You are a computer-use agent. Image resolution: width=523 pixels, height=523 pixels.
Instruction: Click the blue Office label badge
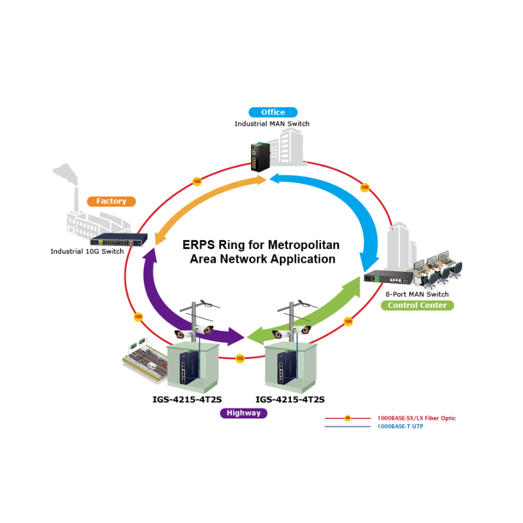coord(273,112)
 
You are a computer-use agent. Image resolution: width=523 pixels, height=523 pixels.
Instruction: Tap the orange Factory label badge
coord(111,201)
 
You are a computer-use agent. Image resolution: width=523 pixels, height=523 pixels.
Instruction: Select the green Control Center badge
coord(417,305)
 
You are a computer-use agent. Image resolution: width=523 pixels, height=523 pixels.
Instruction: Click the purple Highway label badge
coord(243,413)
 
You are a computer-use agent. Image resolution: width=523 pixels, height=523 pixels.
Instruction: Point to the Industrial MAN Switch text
coord(272,124)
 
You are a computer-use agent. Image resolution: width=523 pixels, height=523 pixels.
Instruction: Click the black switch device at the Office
coord(259,157)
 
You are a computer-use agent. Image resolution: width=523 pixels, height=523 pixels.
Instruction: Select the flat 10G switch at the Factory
coord(116,240)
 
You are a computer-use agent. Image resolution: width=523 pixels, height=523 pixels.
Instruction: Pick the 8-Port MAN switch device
coord(386,277)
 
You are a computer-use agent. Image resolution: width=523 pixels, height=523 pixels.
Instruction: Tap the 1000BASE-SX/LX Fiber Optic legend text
coord(416,418)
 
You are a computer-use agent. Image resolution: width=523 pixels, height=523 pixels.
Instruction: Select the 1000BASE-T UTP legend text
coord(399,427)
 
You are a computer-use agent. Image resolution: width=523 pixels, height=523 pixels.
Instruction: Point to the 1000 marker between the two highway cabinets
coord(240,358)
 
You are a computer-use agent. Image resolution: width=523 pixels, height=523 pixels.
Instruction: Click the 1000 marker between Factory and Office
coord(197,181)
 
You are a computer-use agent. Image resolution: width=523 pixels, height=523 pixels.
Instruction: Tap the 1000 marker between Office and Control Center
coord(365,188)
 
